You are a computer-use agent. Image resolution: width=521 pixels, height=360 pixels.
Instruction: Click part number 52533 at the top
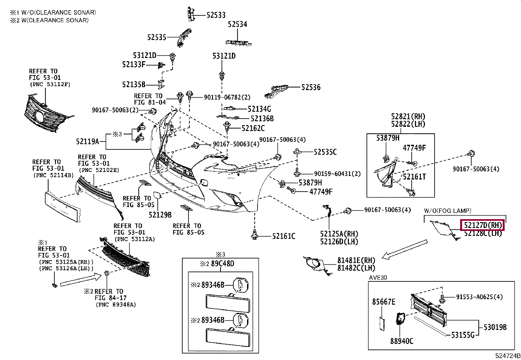coord(216,15)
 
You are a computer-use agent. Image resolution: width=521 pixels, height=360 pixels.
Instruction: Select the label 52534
coord(238,24)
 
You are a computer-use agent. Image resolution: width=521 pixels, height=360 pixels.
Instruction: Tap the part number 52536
coord(311,87)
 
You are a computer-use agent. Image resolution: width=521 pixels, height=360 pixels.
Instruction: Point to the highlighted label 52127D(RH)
coord(482,225)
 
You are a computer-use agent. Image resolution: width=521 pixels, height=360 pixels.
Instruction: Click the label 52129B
coord(160,215)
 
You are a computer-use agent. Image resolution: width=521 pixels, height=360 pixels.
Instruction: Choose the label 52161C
coord(284,236)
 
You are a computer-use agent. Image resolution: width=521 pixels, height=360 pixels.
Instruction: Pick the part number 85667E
coord(384,302)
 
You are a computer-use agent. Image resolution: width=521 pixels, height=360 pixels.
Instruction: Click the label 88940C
coord(402,341)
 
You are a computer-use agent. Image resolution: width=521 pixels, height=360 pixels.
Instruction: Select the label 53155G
coord(463,335)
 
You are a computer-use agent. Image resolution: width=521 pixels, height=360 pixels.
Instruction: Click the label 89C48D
coord(223,264)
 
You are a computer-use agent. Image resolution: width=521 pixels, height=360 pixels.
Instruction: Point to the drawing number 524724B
coord(507,356)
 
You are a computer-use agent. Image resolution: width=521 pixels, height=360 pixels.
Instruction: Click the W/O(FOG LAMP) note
coord(447,211)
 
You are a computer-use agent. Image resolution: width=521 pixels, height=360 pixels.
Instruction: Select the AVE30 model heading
coord(378,277)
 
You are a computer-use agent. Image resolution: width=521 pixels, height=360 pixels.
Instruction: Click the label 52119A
coord(87,142)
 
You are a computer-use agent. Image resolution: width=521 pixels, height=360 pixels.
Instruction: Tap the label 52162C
coord(253,128)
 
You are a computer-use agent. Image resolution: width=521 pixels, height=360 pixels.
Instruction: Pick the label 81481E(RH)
coord(356,261)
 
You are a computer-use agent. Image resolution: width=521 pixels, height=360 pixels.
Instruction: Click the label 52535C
coord(325,152)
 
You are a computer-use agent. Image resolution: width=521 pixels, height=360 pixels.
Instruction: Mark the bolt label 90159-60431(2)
coord(337,174)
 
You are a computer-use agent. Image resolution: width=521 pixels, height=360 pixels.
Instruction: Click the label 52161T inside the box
coord(414,177)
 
